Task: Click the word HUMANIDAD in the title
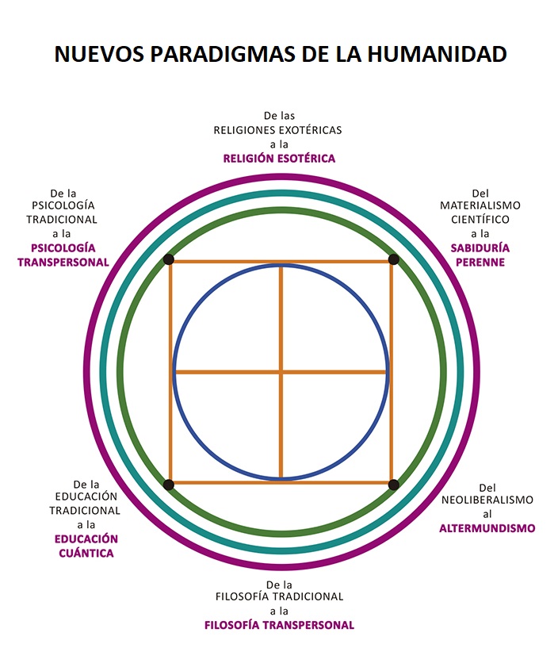437,54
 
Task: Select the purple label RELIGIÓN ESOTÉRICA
279,159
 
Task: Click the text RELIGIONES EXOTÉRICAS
277,130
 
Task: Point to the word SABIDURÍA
480,248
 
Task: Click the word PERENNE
480,263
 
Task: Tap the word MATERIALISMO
480,205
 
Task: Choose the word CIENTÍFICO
480,220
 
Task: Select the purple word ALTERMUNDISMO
487,528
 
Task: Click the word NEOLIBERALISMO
487,500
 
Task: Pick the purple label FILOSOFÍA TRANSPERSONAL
279,625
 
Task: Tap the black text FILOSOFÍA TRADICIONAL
279,596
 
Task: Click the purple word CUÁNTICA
86,554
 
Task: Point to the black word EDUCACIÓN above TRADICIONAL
86,497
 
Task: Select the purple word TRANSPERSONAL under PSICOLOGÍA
63,263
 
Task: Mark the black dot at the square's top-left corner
169,259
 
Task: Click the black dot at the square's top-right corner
394,259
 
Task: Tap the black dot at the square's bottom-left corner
169,485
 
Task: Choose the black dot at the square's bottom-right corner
394,485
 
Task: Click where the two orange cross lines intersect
281,372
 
